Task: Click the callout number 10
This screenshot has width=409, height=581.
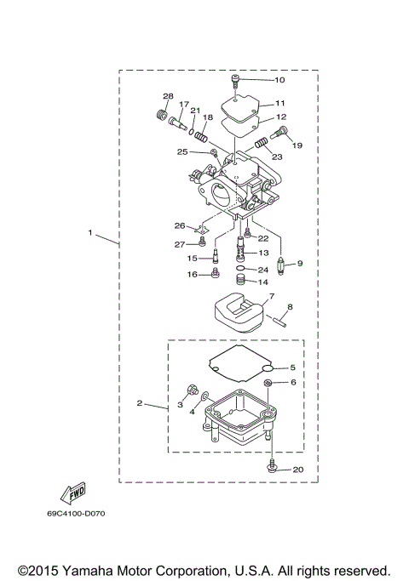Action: [279, 80]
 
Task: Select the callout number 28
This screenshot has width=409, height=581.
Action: [168, 96]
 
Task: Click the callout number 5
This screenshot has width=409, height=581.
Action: [292, 367]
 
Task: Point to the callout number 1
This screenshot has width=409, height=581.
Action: [89, 231]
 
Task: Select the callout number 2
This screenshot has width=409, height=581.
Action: [139, 403]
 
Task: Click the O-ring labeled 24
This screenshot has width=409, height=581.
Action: [241, 269]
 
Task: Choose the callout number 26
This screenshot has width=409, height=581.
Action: [180, 226]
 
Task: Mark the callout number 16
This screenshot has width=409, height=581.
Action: [193, 274]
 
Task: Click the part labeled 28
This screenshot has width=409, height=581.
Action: [159, 113]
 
